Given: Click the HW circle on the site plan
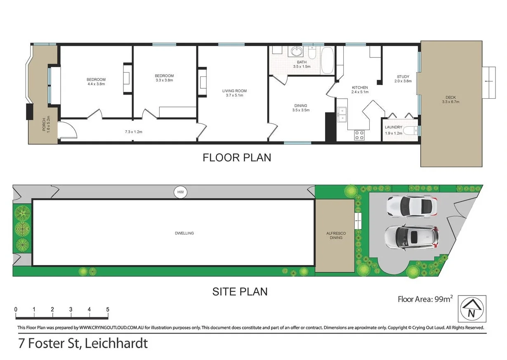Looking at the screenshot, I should coord(180,192).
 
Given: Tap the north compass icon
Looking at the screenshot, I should coord(472,309).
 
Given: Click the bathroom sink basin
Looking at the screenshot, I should coord(296,52).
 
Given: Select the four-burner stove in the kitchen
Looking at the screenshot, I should coord(359,135).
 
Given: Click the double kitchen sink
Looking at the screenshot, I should coord(342,115).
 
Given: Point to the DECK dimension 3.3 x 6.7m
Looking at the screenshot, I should coord(450,102).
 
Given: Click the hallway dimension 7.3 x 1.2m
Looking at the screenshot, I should coord(133,132).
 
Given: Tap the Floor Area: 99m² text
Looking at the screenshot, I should coord(425,299).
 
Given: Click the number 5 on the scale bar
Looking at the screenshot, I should coord(108,309).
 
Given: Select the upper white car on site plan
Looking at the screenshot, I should coord(411,206).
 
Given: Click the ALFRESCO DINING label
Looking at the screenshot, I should coord(336,235).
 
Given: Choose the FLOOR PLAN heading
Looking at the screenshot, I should coord(237,158).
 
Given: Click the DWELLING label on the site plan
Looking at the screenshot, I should coord(184,233).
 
